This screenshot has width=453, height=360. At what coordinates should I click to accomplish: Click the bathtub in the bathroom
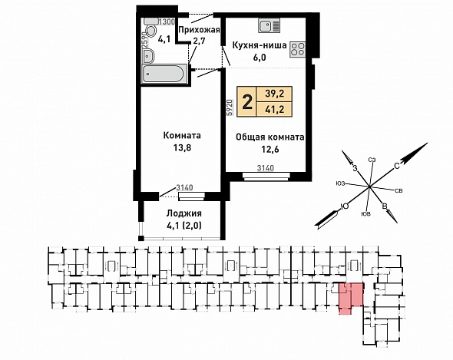point(164,74)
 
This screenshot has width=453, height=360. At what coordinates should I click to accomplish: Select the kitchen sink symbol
point(269,25)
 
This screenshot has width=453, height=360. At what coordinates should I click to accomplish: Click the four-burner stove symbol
point(297,49)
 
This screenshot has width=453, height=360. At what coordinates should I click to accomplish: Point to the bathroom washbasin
point(148,55)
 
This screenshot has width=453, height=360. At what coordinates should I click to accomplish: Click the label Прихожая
point(199,30)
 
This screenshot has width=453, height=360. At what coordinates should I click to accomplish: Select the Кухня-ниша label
point(260,45)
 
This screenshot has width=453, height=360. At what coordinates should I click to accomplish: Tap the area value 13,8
point(182,148)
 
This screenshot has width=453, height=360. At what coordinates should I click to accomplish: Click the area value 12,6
point(269,149)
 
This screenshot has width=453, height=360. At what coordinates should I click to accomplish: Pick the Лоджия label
point(184,213)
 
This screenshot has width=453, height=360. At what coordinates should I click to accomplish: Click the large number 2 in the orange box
point(247,102)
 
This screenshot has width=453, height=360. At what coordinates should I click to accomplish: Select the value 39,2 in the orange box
point(275,94)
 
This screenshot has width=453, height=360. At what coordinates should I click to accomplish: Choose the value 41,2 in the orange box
point(275,109)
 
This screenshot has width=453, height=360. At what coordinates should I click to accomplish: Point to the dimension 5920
point(230,107)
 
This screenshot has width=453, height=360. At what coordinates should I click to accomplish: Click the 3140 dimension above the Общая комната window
point(265,168)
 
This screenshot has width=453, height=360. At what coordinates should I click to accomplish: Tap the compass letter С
point(397,166)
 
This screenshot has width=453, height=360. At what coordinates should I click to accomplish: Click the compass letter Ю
point(345,206)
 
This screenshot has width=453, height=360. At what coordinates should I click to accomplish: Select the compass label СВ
point(398,190)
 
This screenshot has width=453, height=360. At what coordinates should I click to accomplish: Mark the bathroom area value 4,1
point(163,39)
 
